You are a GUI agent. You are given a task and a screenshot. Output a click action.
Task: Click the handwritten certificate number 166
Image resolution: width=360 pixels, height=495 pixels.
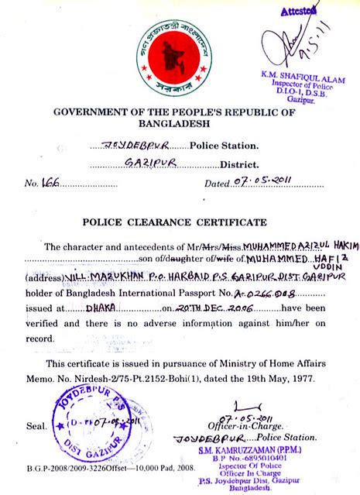[50, 183]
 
